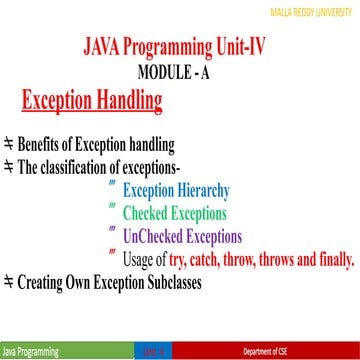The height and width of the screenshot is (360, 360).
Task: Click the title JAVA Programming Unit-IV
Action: click(x=180, y=49)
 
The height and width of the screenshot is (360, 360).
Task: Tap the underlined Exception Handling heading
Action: click(x=92, y=100)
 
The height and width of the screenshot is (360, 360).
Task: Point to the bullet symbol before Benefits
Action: click(x=9, y=141)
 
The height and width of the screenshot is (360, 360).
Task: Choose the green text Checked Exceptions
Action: click(x=174, y=213)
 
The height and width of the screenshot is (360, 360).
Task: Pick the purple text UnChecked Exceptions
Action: click(x=182, y=237)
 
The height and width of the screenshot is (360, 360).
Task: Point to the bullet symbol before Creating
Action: click(x=9, y=283)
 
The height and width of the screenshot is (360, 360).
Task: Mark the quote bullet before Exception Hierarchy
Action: click(x=111, y=186)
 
